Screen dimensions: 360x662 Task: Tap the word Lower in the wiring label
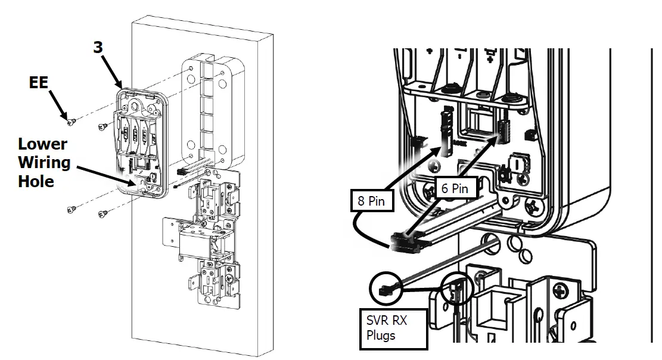tap(42, 144)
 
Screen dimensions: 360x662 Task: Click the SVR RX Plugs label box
tap(393, 328)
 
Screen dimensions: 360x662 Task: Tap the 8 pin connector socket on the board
tap(446, 128)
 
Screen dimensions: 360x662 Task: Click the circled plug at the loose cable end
tap(386, 290)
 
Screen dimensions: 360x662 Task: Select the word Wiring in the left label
tap(44, 162)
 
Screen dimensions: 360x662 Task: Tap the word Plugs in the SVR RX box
tap(381, 336)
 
